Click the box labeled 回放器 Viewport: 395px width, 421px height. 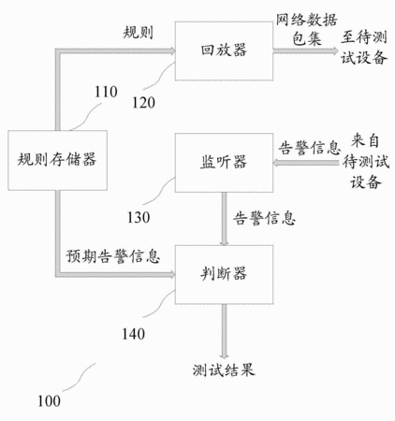[x=224, y=51]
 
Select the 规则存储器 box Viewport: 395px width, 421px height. [x=58, y=160]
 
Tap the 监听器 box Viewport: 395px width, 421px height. [x=224, y=163]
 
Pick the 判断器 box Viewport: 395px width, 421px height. [x=224, y=274]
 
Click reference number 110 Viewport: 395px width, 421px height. [x=106, y=92]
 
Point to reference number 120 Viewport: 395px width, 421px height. [x=143, y=103]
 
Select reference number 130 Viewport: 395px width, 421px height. [x=139, y=217]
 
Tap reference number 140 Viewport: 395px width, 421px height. [x=133, y=334]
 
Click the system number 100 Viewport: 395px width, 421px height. [x=49, y=401]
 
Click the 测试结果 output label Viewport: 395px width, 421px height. [x=224, y=370]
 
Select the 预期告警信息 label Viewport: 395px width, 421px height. [x=113, y=256]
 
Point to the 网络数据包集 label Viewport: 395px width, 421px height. [x=306, y=30]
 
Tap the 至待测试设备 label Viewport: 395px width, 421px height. [x=364, y=48]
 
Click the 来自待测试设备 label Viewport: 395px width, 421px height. [x=366, y=161]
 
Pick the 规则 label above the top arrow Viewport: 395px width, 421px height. [x=139, y=32]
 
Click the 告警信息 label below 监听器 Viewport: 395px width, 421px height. [x=265, y=218]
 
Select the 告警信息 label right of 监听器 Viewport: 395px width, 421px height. [x=310, y=148]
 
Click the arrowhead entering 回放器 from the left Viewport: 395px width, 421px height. [x=171, y=51]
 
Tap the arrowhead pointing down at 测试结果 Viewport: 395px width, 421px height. [x=224, y=356]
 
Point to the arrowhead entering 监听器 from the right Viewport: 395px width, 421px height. [x=277, y=163]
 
